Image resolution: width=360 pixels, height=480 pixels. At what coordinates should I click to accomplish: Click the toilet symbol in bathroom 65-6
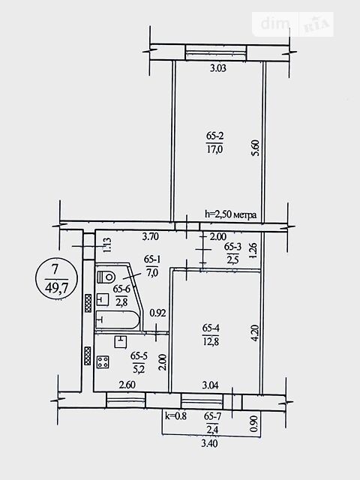(106, 277)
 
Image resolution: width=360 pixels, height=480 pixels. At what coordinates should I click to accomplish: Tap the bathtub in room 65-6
(118, 320)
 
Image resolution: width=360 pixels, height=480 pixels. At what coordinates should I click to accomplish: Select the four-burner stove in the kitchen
(103, 362)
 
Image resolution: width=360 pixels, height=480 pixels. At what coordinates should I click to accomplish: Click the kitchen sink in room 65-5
(121, 342)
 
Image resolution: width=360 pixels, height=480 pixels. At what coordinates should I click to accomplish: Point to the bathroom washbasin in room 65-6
(103, 299)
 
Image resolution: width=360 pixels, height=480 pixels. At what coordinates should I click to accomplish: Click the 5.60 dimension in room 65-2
(256, 148)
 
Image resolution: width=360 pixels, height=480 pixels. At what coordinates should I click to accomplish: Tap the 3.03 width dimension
(218, 68)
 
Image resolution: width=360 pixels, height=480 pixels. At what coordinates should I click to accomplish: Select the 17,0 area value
(214, 149)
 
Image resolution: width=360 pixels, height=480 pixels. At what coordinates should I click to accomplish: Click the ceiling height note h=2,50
(230, 214)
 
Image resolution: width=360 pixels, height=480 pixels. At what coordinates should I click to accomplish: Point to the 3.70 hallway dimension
(151, 236)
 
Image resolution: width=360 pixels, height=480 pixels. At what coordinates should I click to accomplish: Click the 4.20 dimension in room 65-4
(256, 333)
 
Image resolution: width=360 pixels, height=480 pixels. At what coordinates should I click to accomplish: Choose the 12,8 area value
(211, 341)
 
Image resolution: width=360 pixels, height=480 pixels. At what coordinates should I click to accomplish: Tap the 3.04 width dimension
(211, 385)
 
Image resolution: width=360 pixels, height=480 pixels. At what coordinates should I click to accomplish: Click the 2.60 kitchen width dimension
(127, 385)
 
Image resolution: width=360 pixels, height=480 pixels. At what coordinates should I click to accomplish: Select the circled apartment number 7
(55, 270)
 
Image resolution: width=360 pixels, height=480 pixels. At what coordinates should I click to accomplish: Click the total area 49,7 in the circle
(55, 288)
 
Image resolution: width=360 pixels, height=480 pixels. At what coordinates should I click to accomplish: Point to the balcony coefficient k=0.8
(175, 415)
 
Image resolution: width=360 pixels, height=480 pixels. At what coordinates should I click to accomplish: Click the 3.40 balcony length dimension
(210, 443)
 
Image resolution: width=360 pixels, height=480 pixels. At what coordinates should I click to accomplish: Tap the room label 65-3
(232, 247)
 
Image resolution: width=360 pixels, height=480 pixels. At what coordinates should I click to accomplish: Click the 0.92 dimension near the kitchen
(157, 313)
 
